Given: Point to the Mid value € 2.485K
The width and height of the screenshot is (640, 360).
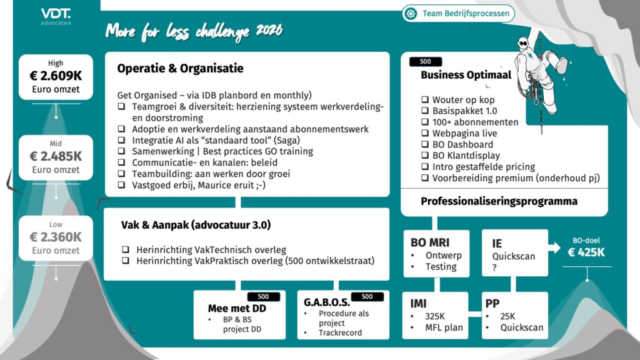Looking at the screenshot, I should tap(56, 156).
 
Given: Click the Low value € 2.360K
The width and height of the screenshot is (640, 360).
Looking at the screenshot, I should tap(56, 237).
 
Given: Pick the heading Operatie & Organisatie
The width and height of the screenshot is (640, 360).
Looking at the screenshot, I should tap(180, 69).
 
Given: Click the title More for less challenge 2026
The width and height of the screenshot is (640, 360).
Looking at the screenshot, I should tap(194, 31).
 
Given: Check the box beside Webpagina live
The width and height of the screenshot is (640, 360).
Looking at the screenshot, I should tap(425, 133).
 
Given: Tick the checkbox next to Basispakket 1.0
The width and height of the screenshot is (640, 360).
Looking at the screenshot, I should tap(425, 111).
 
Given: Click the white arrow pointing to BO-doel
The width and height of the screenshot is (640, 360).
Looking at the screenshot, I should tap(554, 248).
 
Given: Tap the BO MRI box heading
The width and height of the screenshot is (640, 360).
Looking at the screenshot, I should tap(430, 242).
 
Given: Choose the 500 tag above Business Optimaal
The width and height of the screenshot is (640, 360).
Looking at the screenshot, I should tap(425, 62).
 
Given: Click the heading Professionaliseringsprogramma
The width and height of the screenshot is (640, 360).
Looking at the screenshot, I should tap(499, 201).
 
